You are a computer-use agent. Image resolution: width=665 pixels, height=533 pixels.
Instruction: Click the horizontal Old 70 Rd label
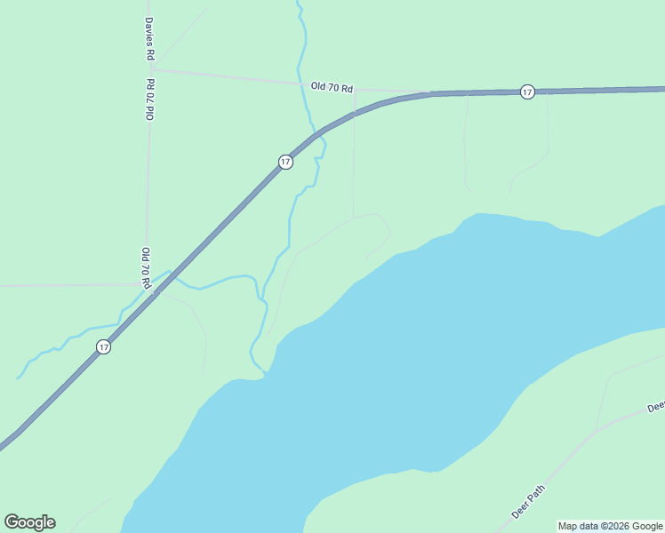tap(332, 88)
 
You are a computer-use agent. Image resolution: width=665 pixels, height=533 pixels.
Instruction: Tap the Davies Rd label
tap(150, 39)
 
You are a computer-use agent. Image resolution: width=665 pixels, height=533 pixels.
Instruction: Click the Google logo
tap(29, 522)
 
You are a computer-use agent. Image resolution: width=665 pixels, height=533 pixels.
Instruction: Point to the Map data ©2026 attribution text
tap(610, 526)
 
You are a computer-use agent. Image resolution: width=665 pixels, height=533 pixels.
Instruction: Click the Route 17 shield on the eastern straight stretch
tap(527, 91)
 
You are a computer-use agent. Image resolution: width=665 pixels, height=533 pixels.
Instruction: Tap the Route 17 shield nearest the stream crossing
tap(284, 162)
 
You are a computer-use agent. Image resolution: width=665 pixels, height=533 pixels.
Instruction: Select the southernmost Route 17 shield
tap(104, 347)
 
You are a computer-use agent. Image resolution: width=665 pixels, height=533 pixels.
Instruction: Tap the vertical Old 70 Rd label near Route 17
tap(144, 267)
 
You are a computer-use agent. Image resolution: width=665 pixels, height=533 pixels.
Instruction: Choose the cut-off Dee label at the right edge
tap(656, 407)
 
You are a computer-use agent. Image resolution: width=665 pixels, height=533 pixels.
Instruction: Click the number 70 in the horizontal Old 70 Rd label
tap(332, 88)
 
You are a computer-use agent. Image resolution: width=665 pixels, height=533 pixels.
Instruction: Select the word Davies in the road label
tap(150, 31)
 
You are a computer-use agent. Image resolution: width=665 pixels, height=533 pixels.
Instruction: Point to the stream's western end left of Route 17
tap(18, 378)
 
